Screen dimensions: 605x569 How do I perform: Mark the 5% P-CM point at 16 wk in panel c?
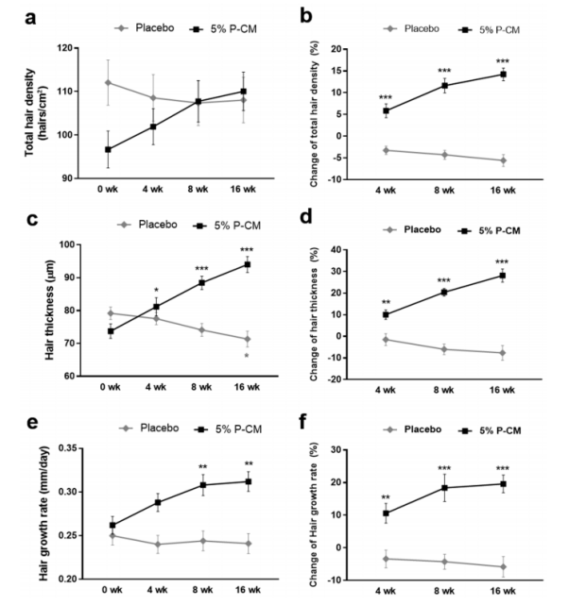pyautogui.click(x=248, y=264)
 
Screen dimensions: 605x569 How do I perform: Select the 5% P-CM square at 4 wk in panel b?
pyautogui.click(x=387, y=110)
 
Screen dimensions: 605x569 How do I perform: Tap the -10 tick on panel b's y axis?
pyautogui.click(x=344, y=178)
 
